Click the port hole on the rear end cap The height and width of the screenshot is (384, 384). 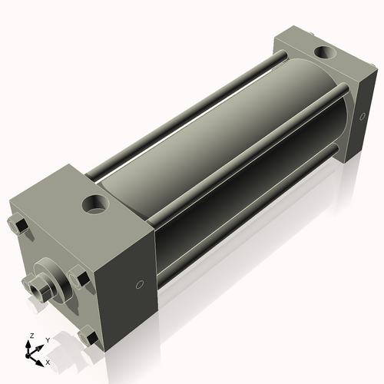(323, 54)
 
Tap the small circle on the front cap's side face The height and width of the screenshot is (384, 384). (138, 283)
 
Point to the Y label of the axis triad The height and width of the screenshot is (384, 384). (47, 339)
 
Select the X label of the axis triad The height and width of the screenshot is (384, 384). (48, 361)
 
